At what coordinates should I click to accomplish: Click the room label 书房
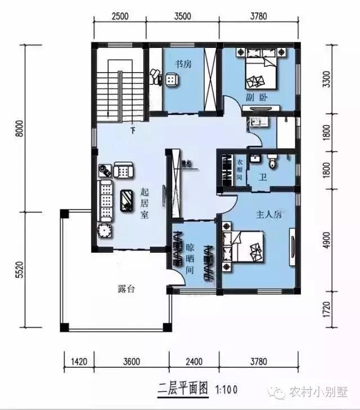click(x=183, y=64)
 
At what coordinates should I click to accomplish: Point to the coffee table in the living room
click(x=127, y=198)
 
